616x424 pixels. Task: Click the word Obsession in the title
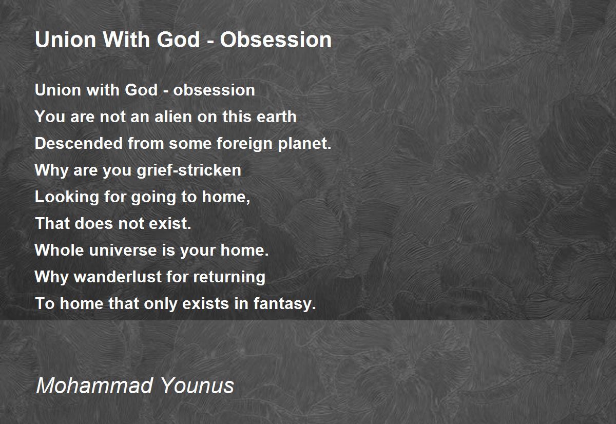276,40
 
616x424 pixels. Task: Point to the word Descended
79,143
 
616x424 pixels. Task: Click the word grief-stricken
189,170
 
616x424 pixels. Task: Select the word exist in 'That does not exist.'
170,223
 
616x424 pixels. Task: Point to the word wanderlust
118,276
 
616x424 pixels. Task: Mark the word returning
229,277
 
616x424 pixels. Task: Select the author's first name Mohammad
94,386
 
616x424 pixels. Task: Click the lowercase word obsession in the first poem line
214,90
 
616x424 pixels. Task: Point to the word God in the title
178,40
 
